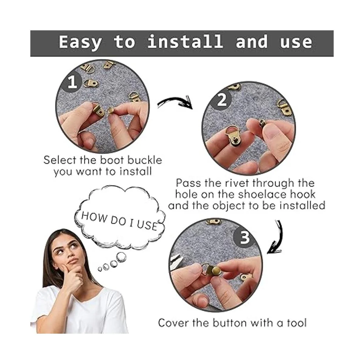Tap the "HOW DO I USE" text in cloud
click(119, 221)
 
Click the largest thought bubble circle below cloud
click(121, 257)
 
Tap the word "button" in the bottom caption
click(230, 323)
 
